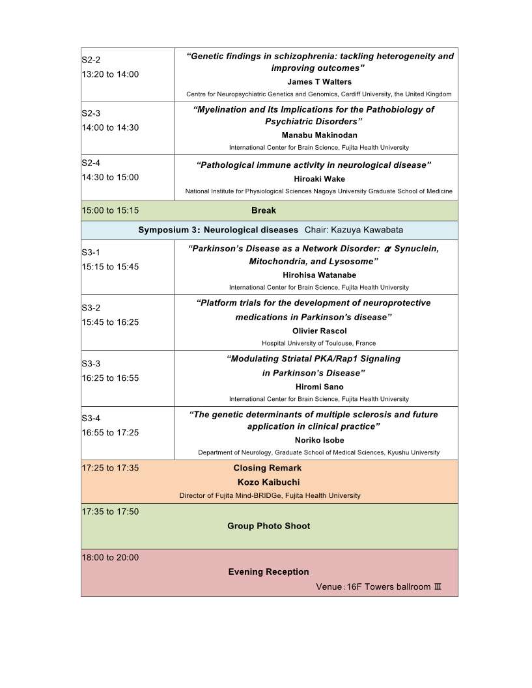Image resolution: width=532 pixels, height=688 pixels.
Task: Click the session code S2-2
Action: (91, 61)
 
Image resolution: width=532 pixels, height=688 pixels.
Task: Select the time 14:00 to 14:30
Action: (110, 128)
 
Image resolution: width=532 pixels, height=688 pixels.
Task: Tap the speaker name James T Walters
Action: (319, 82)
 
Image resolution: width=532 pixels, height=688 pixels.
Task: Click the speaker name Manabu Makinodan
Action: (319, 135)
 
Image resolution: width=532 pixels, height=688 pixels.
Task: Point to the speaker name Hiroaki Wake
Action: (319, 179)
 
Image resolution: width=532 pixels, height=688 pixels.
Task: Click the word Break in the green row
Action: (264, 210)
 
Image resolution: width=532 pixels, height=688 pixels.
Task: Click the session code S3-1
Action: (91, 253)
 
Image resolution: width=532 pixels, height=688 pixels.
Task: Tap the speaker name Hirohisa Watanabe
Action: (319, 275)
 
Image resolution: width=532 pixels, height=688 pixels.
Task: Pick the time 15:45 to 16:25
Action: (110, 322)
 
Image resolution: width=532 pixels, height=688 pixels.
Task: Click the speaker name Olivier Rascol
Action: (319, 331)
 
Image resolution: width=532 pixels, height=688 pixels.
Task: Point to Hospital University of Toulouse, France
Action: (318, 343)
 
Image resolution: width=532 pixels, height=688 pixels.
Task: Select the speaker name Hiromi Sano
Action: (319, 387)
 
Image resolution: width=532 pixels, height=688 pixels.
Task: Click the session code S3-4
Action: (91, 419)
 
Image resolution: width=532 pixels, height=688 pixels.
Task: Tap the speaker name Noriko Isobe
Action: (319, 441)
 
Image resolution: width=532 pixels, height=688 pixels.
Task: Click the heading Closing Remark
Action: (267, 468)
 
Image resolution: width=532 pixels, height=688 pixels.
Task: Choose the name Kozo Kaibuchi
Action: (268, 482)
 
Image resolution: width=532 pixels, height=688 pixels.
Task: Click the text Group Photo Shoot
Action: (268, 526)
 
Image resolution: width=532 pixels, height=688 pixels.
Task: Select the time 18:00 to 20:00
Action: (110, 557)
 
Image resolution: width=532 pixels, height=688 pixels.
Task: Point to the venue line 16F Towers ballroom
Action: (379, 587)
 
